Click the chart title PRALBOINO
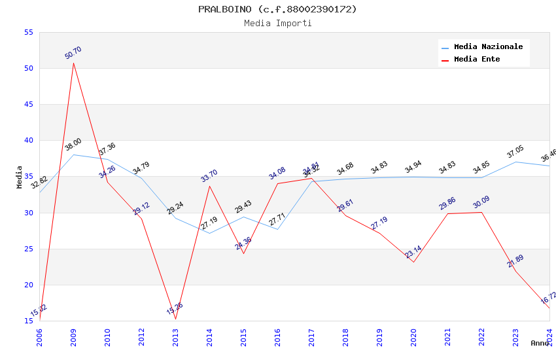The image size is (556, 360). coord(277,9)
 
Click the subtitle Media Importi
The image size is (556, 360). coord(277,24)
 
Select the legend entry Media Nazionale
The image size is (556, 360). coord(488,47)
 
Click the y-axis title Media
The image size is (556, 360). coord(20,177)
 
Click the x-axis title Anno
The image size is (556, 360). coord(540,343)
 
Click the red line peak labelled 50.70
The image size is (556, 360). coord(73,63)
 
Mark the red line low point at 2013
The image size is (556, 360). coord(175,319)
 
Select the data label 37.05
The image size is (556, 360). coord(515,153)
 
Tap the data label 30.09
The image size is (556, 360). coord(481,202)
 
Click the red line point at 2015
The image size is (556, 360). coord(243,253)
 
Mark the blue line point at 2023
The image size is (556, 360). coord(515,162)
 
